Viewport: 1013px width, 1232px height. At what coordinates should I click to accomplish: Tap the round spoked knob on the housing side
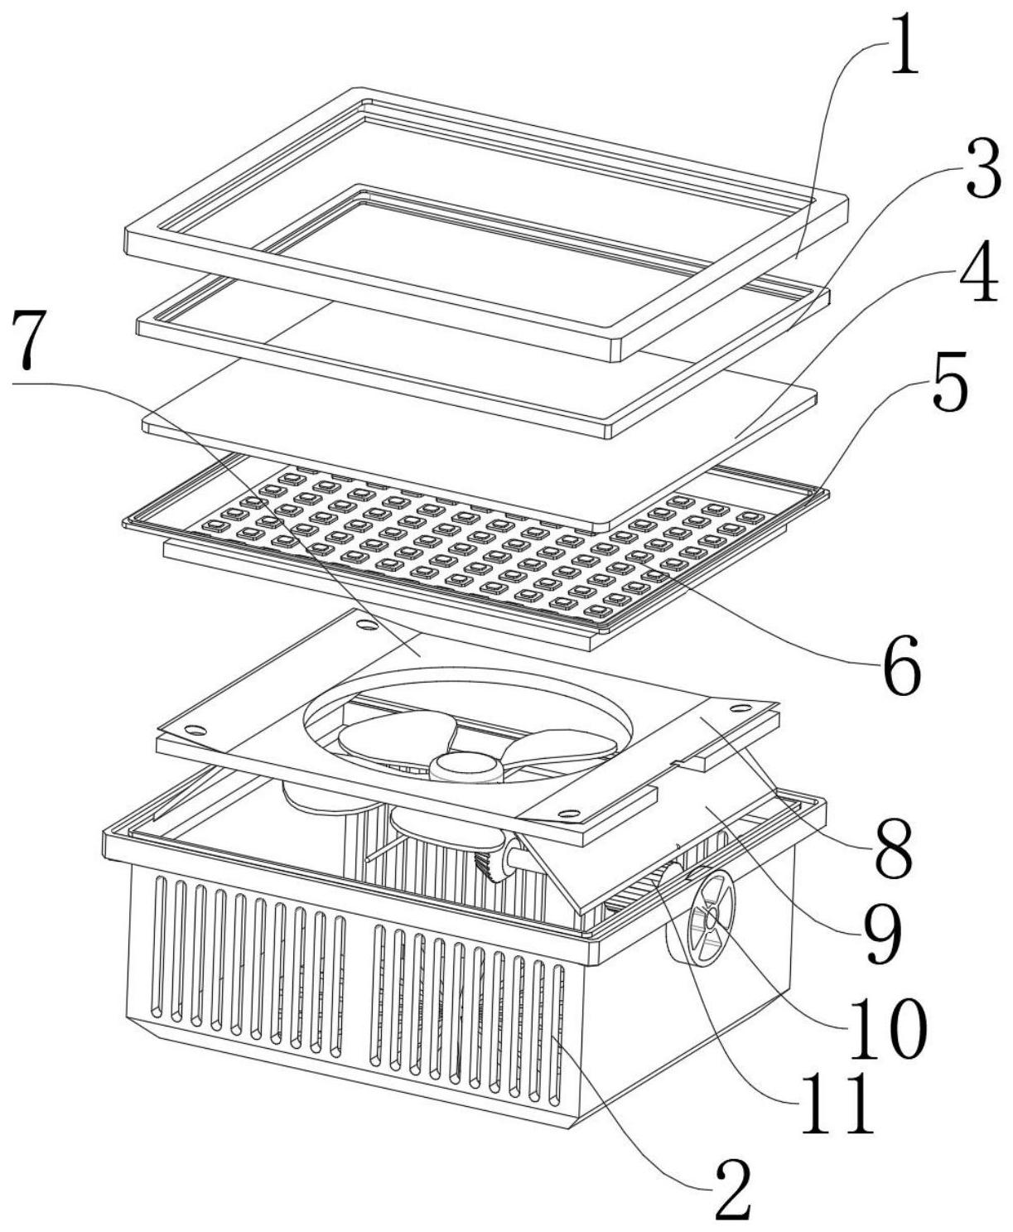click(709, 916)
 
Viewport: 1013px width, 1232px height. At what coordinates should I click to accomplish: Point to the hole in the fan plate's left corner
click(195, 730)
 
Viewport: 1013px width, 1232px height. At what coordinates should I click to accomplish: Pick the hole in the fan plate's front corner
click(568, 813)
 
